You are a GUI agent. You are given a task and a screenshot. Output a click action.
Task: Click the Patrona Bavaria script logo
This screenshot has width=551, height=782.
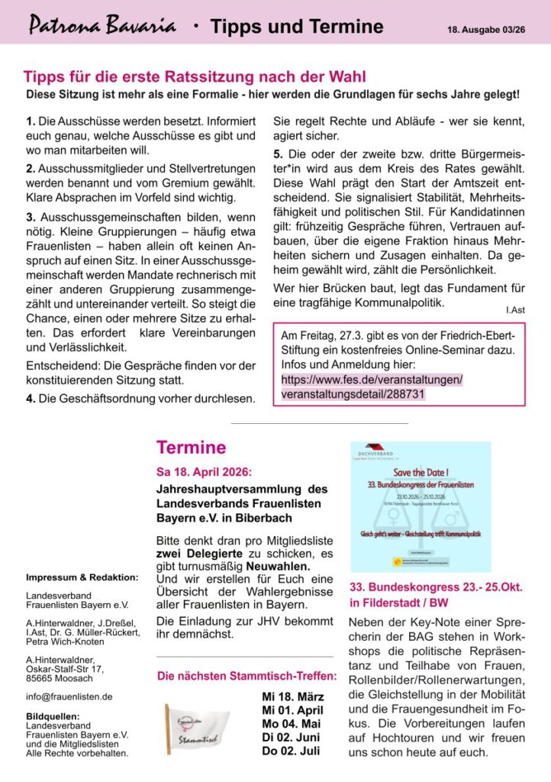coord(102,27)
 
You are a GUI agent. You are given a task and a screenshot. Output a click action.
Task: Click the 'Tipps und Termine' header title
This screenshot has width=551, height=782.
coord(297,27)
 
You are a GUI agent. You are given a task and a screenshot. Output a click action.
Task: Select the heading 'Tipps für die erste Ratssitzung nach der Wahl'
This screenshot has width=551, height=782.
coord(195,77)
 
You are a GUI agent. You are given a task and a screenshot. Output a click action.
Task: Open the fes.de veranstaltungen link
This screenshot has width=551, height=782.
coord(372,386)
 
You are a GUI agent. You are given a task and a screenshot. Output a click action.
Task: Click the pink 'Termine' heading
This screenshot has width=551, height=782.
coord(191,448)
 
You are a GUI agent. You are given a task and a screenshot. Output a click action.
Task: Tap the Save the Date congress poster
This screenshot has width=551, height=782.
coord(420,506)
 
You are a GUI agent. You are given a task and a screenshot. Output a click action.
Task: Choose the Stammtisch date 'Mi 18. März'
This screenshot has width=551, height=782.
coord(292,696)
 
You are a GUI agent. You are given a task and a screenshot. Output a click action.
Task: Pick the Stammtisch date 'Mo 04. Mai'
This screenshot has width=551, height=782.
coord(292,724)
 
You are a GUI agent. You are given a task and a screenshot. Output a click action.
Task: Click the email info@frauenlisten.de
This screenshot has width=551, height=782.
coord(69,696)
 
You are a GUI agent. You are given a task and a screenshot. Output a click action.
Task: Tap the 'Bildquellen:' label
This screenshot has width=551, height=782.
coord(53,716)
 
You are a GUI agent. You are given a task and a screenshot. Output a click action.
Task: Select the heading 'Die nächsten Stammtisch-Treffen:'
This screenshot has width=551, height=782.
coord(246,676)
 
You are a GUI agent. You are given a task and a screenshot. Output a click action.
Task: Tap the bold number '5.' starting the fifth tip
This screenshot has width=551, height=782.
coord(279,153)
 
